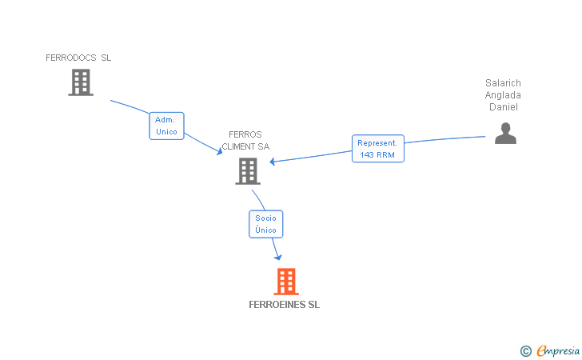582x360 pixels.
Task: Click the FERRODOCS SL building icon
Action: pyautogui.click(x=81, y=82)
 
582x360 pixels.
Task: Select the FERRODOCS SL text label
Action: pyautogui.click(x=78, y=58)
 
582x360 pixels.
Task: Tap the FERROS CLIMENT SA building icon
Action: pyautogui.click(x=248, y=170)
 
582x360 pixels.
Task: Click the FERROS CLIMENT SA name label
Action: pyautogui.click(x=245, y=141)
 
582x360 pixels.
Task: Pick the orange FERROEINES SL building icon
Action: pyautogui.click(x=286, y=282)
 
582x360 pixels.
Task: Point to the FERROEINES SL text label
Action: pyautogui.click(x=284, y=305)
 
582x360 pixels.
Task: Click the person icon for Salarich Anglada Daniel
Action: pyautogui.click(x=505, y=133)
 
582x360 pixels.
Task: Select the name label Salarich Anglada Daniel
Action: pyautogui.click(x=503, y=95)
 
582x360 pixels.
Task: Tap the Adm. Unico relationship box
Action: pyautogui.click(x=166, y=126)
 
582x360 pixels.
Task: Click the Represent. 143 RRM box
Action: pyautogui.click(x=377, y=149)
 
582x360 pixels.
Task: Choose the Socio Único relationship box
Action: pyautogui.click(x=265, y=224)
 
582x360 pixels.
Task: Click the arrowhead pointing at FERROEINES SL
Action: pyautogui.click(x=278, y=256)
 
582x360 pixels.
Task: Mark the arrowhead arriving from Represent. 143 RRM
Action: pyautogui.click(x=273, y=162)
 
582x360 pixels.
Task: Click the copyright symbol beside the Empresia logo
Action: pyautogui.click(x=525, y=350)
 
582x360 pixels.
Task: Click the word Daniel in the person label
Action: pyautogui.click(x=504, y=107)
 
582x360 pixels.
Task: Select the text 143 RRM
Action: pyautogui.click(x=377, y=154)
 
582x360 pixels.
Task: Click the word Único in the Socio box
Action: pyautogui.click(x=265, y=230)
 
